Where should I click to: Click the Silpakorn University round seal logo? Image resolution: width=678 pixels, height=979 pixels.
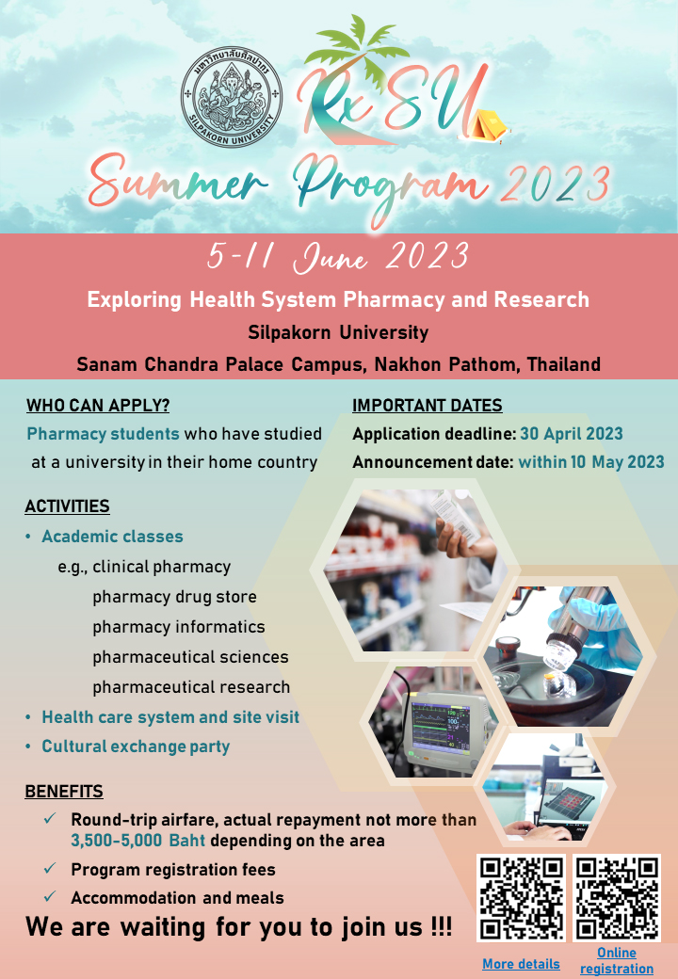(232, 97)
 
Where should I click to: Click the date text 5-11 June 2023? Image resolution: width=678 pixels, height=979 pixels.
(338, 257)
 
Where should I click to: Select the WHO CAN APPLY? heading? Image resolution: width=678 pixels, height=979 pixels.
(98, 405)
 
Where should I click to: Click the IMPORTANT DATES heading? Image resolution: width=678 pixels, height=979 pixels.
(427, 405)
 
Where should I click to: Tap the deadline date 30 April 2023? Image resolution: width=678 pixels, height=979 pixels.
(572, 433)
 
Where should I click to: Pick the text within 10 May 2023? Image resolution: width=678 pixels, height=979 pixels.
(591, 461)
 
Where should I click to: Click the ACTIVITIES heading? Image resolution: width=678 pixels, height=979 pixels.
(68, 506)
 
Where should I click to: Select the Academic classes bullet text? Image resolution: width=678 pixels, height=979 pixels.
(112, 537)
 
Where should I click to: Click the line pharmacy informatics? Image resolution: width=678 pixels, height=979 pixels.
(179, 626)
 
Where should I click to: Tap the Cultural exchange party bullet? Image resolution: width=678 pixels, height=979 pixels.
(136, 746)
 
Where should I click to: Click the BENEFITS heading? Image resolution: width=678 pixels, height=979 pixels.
(64, 791)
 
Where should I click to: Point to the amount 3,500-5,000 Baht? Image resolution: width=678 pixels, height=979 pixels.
(138, 841)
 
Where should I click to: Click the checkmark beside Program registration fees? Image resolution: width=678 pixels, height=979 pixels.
(50, 868)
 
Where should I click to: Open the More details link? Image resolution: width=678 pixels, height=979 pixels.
(522, 964)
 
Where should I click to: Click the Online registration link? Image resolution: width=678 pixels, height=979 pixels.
(617, 960)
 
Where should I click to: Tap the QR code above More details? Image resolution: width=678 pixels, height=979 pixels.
(522, 898)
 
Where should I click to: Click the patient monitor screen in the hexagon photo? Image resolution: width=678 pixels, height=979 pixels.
(435, 724)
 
